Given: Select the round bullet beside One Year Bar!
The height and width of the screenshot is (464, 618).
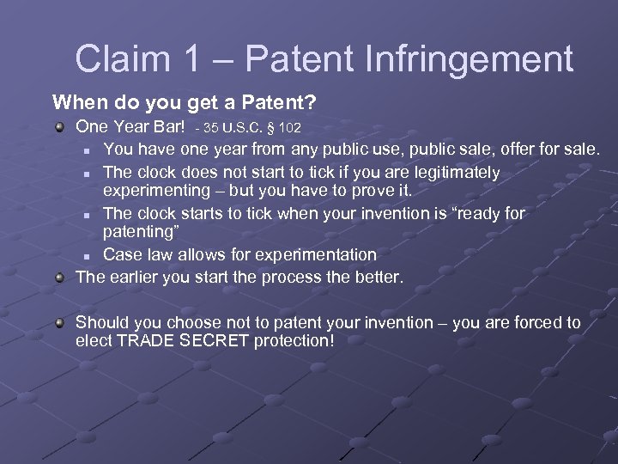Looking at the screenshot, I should click(59, 127).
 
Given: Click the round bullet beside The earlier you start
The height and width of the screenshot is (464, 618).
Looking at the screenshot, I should click(59, 277).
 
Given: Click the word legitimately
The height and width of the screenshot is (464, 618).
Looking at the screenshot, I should click(457, 172).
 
